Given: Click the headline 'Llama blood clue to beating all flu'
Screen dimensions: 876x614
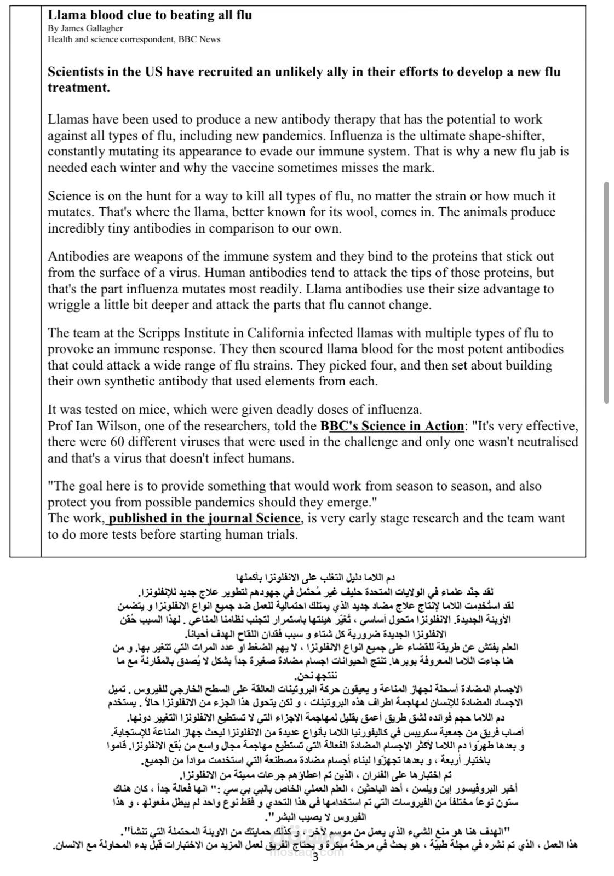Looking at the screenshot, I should coord(150,15).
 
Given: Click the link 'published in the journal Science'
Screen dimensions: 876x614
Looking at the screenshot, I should coord(204,518).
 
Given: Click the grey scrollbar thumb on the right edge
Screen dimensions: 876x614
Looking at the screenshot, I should coord(606,293).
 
